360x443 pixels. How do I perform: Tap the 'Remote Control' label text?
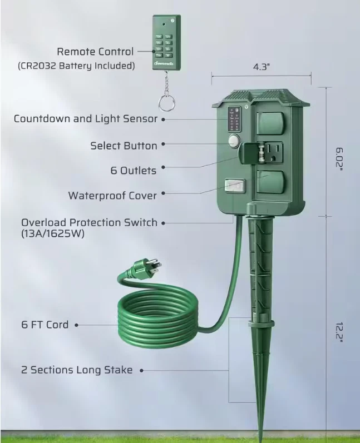(95, 52)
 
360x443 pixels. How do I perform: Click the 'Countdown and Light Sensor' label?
(85, 118)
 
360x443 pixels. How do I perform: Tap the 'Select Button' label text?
(124, 146)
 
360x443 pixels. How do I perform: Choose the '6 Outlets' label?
(134, 171)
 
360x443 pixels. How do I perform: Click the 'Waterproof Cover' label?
(112, 196)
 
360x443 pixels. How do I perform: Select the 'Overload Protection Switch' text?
(89, 223)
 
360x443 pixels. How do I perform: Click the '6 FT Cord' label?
(45, 325)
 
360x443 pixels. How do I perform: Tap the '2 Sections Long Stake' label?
(77, 370)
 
